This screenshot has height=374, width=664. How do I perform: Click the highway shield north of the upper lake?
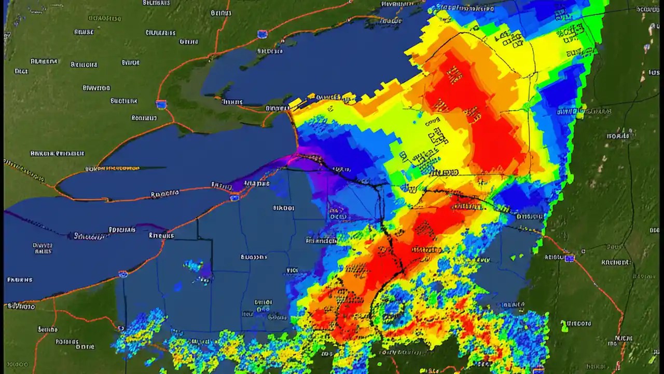coord(262,34)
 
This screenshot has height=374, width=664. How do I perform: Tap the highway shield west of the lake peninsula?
coord(161,104)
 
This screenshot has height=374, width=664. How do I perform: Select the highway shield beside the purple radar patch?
coord(234,197)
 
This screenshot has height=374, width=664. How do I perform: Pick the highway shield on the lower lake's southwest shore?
coord(123,274)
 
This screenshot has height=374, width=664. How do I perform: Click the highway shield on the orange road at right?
coord(570,258)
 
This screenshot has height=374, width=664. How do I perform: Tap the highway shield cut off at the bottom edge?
coord(538,369)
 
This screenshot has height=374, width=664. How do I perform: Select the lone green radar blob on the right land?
coord(564,326)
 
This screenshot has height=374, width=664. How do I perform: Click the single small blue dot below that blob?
coord(178,286)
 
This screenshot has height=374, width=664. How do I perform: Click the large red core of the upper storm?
coord(477,114)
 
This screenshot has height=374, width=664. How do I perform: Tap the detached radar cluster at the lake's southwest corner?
coord(140,327)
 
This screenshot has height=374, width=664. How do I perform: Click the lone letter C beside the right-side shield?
coord(583,251)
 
